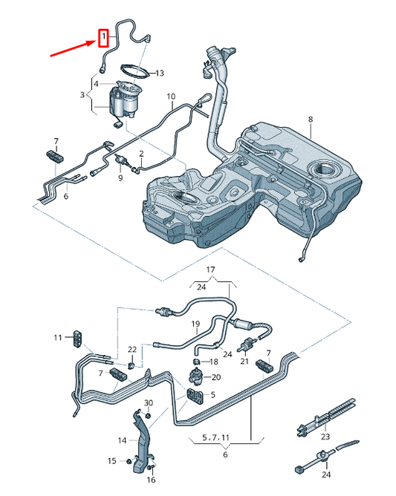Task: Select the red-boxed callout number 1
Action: [104, 36]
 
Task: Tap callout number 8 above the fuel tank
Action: [311, 119]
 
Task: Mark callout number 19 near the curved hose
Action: [196, 324]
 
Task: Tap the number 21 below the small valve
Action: [244, 362]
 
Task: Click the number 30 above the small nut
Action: [148, 403]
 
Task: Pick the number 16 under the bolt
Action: [151, 480]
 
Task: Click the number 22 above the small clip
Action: [132, 349]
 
